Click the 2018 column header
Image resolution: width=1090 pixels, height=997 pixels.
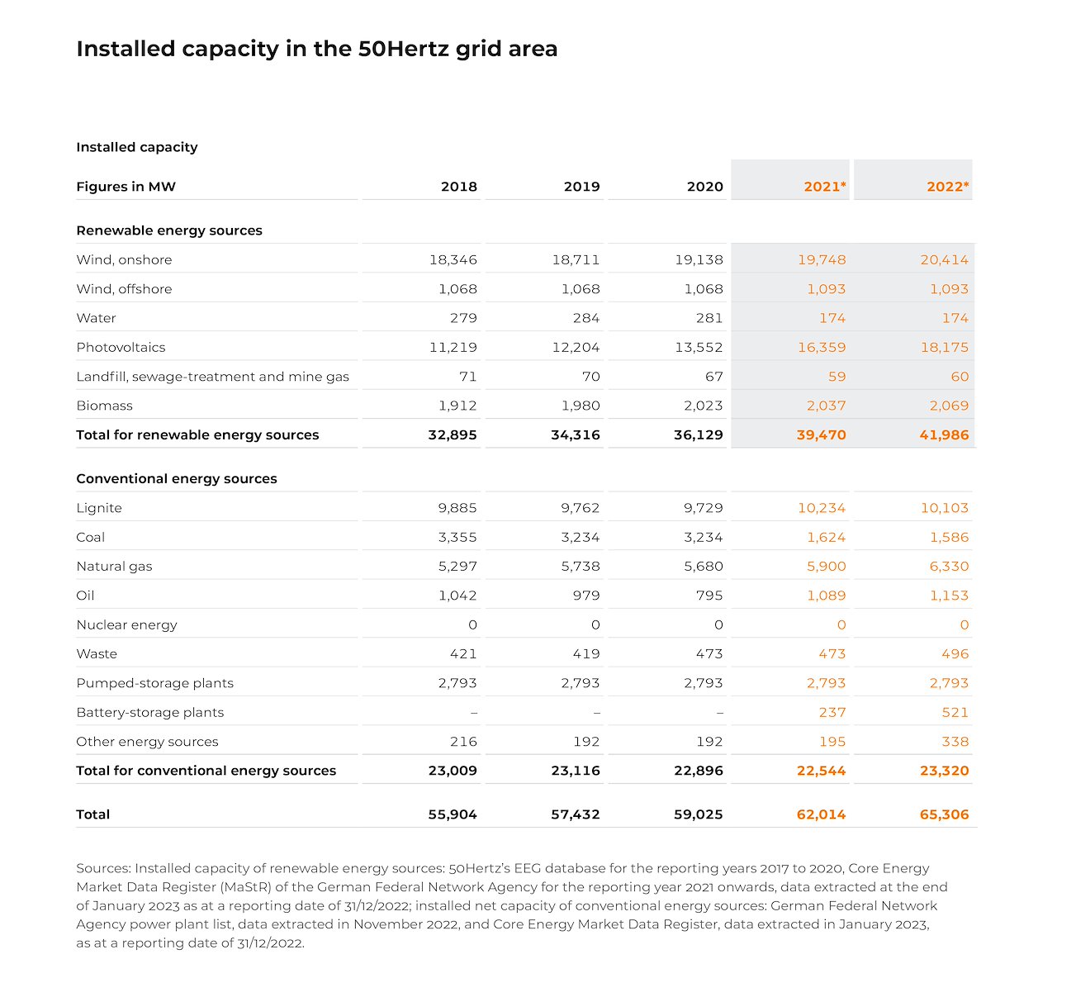(458, 187)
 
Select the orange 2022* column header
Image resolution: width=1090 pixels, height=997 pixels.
(947, 187)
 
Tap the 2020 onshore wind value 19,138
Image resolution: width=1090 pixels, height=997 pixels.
(699, 259)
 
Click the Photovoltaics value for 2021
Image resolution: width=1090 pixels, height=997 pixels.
(822, 347)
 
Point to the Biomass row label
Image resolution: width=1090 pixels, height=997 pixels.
(104, 406)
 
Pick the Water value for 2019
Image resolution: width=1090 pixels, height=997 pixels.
(586, 318)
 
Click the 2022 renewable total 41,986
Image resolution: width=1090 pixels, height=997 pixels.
(944, 434)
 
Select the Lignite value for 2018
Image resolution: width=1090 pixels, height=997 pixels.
(457, 508)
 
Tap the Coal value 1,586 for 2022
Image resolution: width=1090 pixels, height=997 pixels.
(949, 537)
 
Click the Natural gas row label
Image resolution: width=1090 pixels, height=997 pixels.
(114, 567)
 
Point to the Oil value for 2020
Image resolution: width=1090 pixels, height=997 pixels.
(708, 596)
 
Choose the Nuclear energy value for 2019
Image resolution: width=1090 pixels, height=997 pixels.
(595, 625)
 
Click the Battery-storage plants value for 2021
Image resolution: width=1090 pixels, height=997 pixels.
(832, 712)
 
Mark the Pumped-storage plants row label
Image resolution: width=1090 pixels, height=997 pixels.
(154, 683)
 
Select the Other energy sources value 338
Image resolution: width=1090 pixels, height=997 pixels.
(955, 742)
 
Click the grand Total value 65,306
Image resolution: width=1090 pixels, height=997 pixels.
(944, 814)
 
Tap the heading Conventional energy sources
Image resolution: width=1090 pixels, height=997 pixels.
(176, 479)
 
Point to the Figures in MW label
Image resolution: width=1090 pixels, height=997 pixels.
(126, 187)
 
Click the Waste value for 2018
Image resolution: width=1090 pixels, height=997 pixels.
(463, 654)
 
